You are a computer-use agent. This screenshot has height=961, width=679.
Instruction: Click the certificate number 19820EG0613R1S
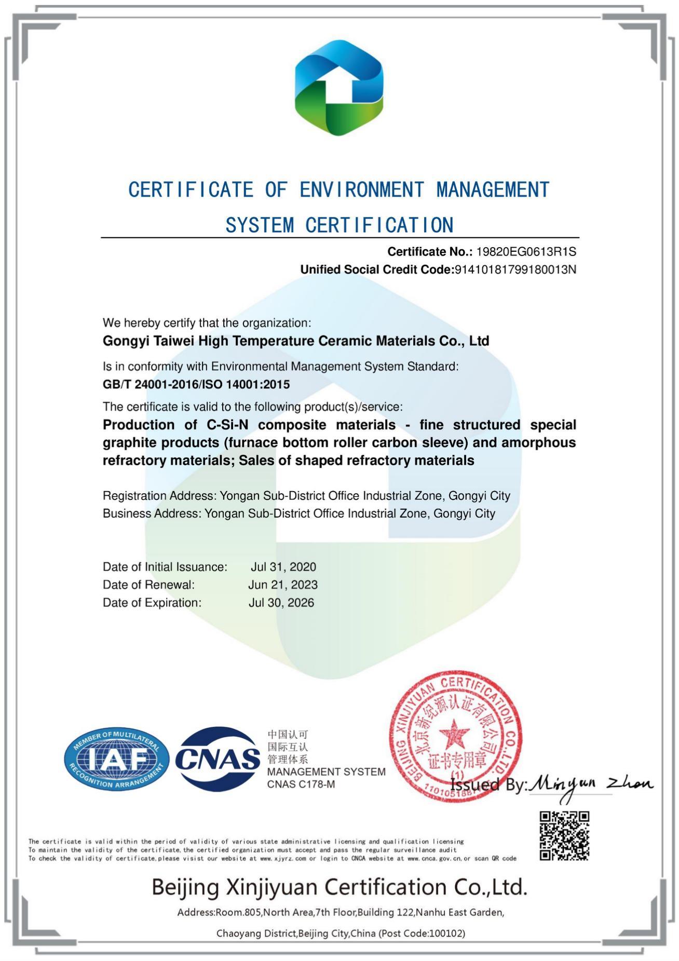pyautogui.click(x=526, y=252)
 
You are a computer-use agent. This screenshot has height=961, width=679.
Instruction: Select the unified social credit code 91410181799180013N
pyautogui.click(x=515, y=269)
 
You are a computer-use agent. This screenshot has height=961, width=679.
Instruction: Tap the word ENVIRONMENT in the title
pyautogui.click(x=361, y=190)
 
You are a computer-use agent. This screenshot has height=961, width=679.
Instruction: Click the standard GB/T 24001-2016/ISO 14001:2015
pyautogui.click(x=196, y=384)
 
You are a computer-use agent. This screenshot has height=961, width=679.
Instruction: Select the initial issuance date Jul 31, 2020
pyautogui.click(x=283, y=567)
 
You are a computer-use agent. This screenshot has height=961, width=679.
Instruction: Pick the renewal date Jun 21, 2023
pyautogui.click(x=283, y=585)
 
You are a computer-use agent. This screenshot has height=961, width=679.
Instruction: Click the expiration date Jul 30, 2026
pyautogui.click(x=281, y=603)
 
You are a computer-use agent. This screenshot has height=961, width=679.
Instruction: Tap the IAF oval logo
pyautogui.click(x=117, y=759)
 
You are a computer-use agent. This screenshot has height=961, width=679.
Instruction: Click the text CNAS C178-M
pyautogui.click(x=301, y=784)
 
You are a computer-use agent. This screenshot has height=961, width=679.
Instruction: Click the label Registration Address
pyautogui.click(x=159, y=496)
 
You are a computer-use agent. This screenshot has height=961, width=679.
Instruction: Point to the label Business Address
pyautogui.click(x=152, y=513)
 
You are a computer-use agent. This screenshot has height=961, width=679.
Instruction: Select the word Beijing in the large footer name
pyautogui.click(x=185, y=888)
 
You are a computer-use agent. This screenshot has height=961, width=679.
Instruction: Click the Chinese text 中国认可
pyautogui.click(x=288, y=735)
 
